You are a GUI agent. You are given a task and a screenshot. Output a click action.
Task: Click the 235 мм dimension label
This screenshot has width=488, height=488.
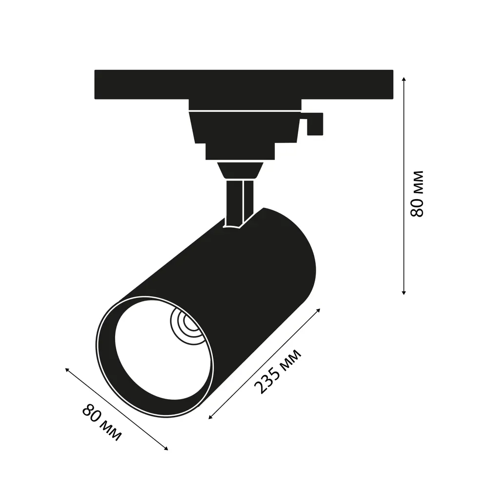click(278, 371)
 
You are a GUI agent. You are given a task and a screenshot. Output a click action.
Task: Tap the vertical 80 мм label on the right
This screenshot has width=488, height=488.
click(417, 194)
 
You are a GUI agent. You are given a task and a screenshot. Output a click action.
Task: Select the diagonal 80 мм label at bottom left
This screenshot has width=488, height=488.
click(102, 422)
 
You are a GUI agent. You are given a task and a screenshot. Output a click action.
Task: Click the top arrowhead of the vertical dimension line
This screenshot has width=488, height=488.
click(404, 79)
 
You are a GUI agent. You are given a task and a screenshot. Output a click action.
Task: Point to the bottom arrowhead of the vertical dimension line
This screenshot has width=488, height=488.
click(404, 292)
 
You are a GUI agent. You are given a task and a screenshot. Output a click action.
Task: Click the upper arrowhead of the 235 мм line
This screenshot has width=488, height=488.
click(318, 310)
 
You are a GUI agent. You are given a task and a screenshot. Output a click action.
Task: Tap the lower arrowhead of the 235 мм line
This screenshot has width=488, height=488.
click(210, 417)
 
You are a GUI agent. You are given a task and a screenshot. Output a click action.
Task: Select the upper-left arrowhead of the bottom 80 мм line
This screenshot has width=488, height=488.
click(67, 369)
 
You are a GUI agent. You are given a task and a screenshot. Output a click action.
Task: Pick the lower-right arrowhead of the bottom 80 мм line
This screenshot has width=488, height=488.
click(166, 448)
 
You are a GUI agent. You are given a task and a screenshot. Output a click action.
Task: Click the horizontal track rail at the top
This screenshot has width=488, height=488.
click(244, 84)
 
